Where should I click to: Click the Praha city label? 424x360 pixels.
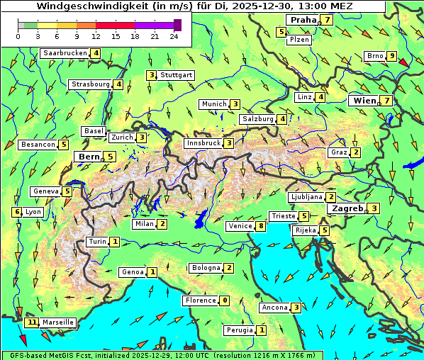(x=303, y=20)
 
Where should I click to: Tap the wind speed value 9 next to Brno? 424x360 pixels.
(x=391, y=56)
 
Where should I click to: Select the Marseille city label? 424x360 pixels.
(x=57, y=322)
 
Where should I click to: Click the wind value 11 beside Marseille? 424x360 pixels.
(x=31, y=322)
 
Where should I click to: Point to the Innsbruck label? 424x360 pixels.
(x=203, y=143)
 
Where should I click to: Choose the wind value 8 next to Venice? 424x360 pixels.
(x=261, y=226)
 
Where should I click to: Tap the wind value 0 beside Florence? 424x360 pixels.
(x=225, y=300)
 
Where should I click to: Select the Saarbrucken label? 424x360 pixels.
(x=65, y=53)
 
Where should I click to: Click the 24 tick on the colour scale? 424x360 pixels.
(x=174, y=36)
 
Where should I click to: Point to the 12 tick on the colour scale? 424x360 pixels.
(x=96, y=36)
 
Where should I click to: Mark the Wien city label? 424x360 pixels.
(x=364, y=101)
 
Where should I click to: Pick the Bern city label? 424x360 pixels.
(x=89, y=157)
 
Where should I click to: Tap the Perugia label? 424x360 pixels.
(x=240, y=330)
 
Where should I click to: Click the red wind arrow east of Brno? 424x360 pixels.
(x=404, y=63)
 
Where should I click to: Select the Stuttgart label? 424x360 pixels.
(x=176, y=75)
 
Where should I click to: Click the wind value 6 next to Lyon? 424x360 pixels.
(x=17, y=212)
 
